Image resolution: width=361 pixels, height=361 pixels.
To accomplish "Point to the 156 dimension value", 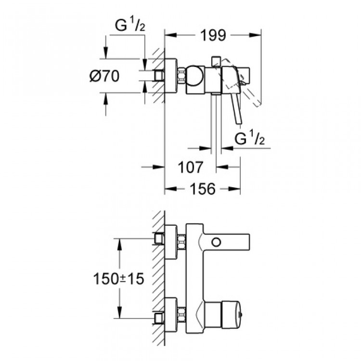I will tap(202, 189).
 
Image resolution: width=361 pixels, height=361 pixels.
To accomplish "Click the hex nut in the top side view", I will tap(182, 76).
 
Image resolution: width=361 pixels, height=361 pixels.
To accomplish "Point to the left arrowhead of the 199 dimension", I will tap(168, 35).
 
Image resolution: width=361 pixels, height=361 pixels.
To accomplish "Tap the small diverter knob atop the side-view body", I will tap(216, 61).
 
